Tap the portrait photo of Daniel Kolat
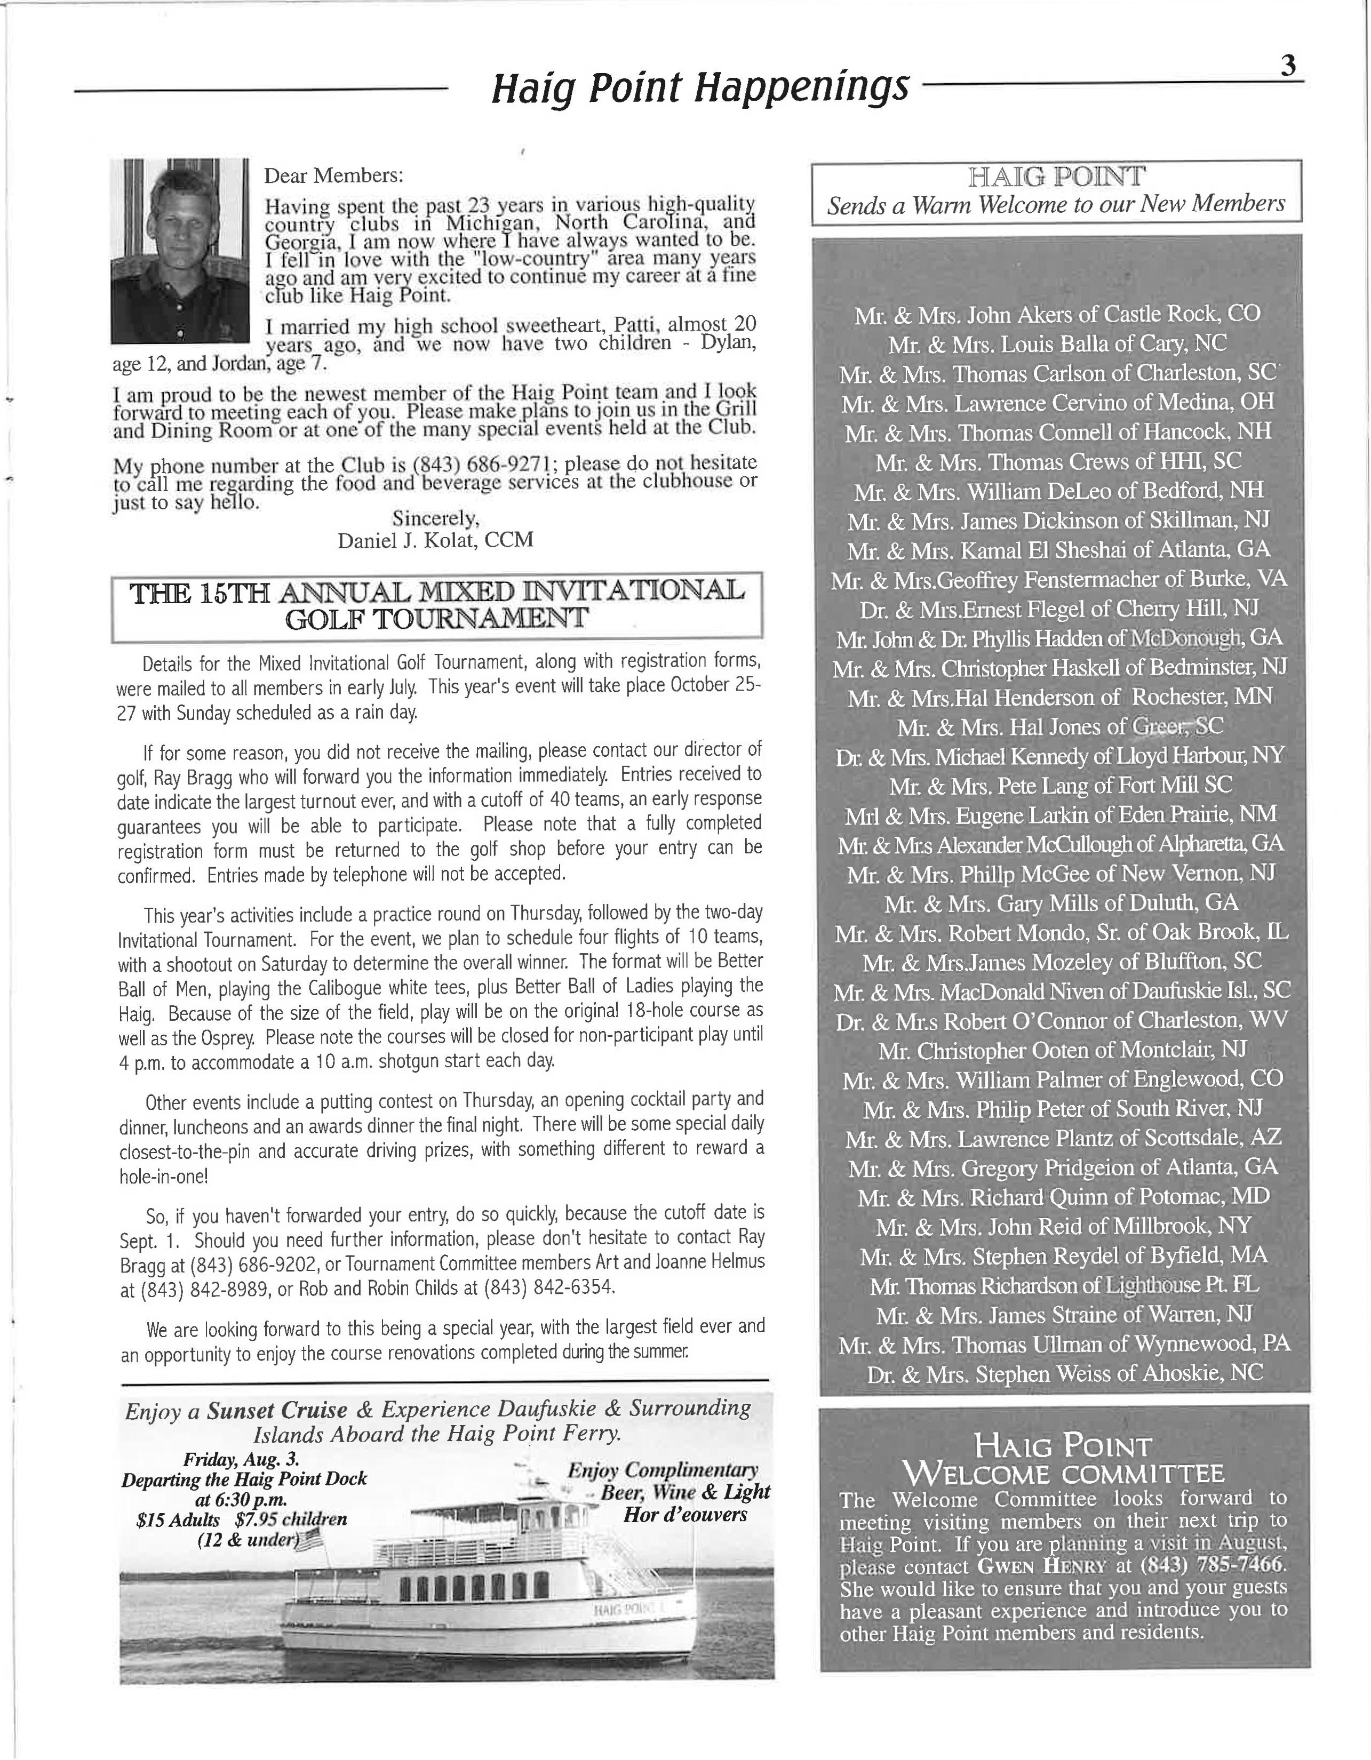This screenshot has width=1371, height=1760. coord(180,251)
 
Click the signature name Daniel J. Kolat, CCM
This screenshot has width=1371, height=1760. coord(435,540)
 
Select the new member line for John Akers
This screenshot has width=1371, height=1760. coord(1057,314)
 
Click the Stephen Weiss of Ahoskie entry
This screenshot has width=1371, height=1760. coord(1065,1374)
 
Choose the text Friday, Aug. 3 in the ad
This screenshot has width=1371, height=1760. coord(242,1459)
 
